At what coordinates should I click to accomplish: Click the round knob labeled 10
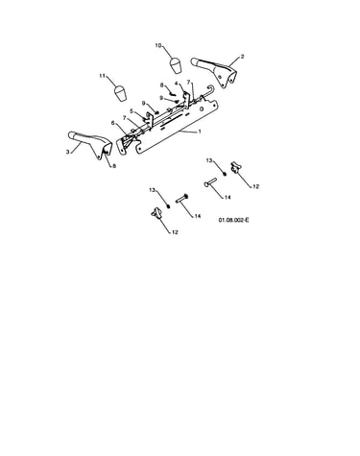click(176, 65)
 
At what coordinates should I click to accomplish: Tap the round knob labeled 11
click(120, 93)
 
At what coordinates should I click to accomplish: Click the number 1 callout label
click(200, 132)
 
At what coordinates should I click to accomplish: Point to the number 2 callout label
click(242, 57)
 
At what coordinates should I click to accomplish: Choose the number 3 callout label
click(67, 152)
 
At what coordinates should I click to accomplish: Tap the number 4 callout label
click(176, 84)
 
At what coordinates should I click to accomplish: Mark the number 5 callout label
click(132, 111)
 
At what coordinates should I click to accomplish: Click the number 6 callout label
click(112, 123)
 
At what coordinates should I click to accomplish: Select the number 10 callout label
click(158, 45)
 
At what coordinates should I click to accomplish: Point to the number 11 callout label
click(103, 76)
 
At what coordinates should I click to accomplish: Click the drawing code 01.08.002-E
click(234, 220)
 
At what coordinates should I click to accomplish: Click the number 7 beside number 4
click(189, 82)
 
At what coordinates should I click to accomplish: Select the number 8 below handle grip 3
click(114, 166)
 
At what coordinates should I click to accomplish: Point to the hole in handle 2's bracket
click(220, 76)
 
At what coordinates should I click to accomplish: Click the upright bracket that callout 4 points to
click(185, 98)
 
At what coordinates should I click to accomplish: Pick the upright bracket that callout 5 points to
click(149, 119)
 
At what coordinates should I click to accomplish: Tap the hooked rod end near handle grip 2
click(210, 87)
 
